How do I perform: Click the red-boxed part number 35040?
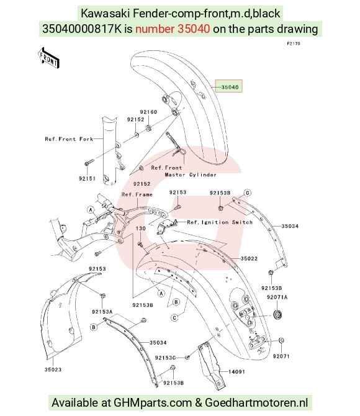[x=230, y=87]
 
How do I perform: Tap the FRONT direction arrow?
[x=48, y=58]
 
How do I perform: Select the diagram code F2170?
[x=293, y=43]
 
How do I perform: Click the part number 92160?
[x=148, y=112]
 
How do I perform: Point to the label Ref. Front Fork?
[x=69, y=139]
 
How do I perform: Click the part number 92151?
[x=87, y=179]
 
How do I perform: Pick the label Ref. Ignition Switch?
[x=220, y=222]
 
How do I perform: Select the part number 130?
[x=141, y=228]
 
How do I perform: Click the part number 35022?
[x=249, y=258]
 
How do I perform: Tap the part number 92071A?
[x=277, y=297]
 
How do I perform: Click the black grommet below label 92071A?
[x=277, y=315]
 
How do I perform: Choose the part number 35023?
[x=53, y=369]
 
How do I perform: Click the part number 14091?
[x=236, y=372]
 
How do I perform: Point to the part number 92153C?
[x=165, y=358]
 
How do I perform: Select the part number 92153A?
[x=102, y=312]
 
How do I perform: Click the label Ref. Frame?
[x=137, y=194]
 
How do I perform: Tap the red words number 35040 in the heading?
[x=173, y=29]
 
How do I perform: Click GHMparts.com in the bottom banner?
[x=153, y=403]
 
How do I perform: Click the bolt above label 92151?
[x=89, y=163]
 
